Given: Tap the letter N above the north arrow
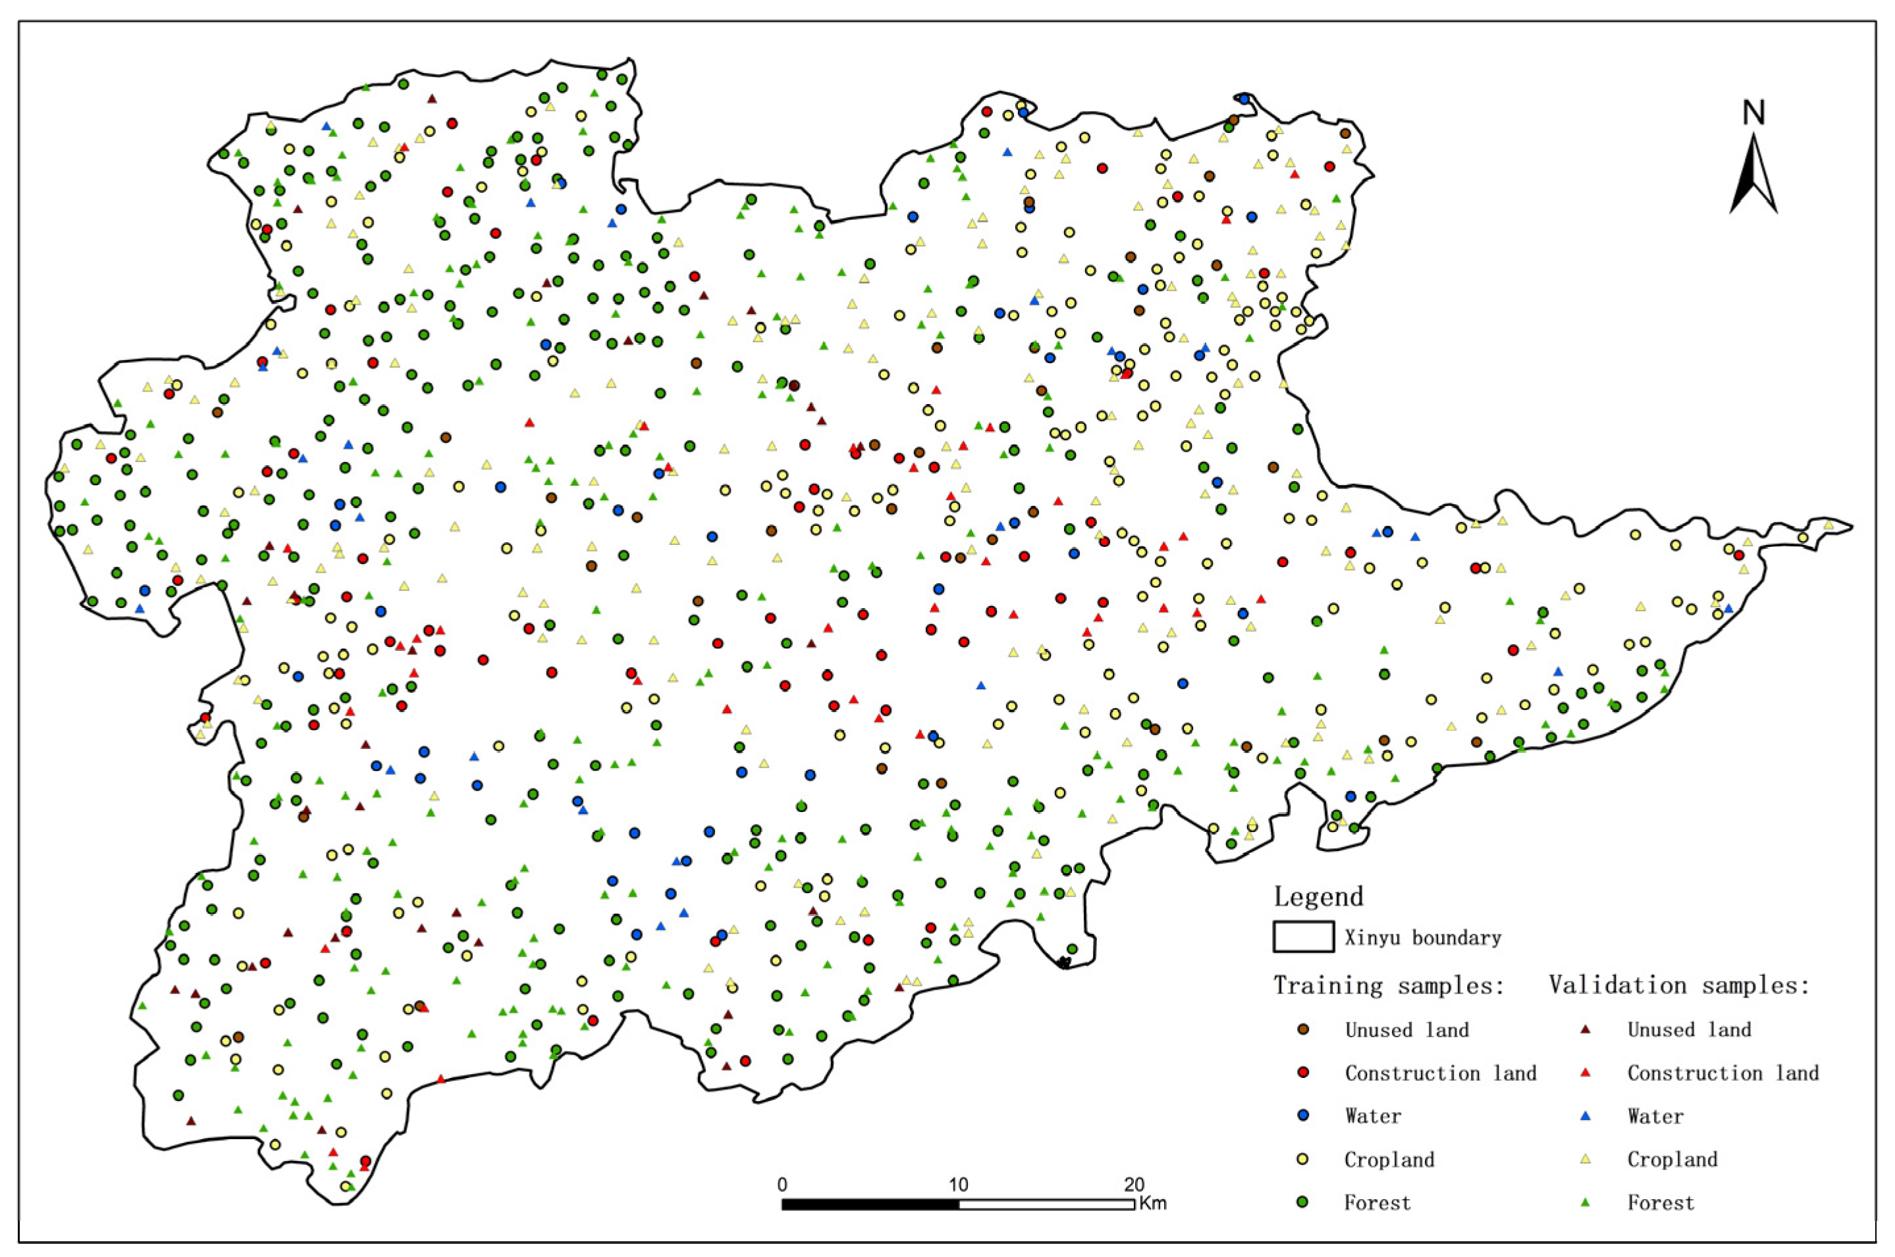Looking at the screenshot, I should (1754, 113).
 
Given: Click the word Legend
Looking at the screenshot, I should (1318, 896).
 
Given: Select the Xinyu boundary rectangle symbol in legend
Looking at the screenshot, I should (1303, 937).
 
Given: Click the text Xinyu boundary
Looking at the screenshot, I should (1423, 938).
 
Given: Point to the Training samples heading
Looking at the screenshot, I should (1388, 985).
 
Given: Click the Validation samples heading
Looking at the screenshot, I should (1679, 985).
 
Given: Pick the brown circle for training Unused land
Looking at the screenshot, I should (1303, 1029).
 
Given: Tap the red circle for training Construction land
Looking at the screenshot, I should (1303, 1073).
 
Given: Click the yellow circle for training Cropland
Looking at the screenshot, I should (1303, 1159).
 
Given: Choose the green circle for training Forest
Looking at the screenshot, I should (1303, 1202).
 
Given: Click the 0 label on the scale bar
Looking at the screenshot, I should (782, 1185).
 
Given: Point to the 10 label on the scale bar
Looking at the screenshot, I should (958, 1185).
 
